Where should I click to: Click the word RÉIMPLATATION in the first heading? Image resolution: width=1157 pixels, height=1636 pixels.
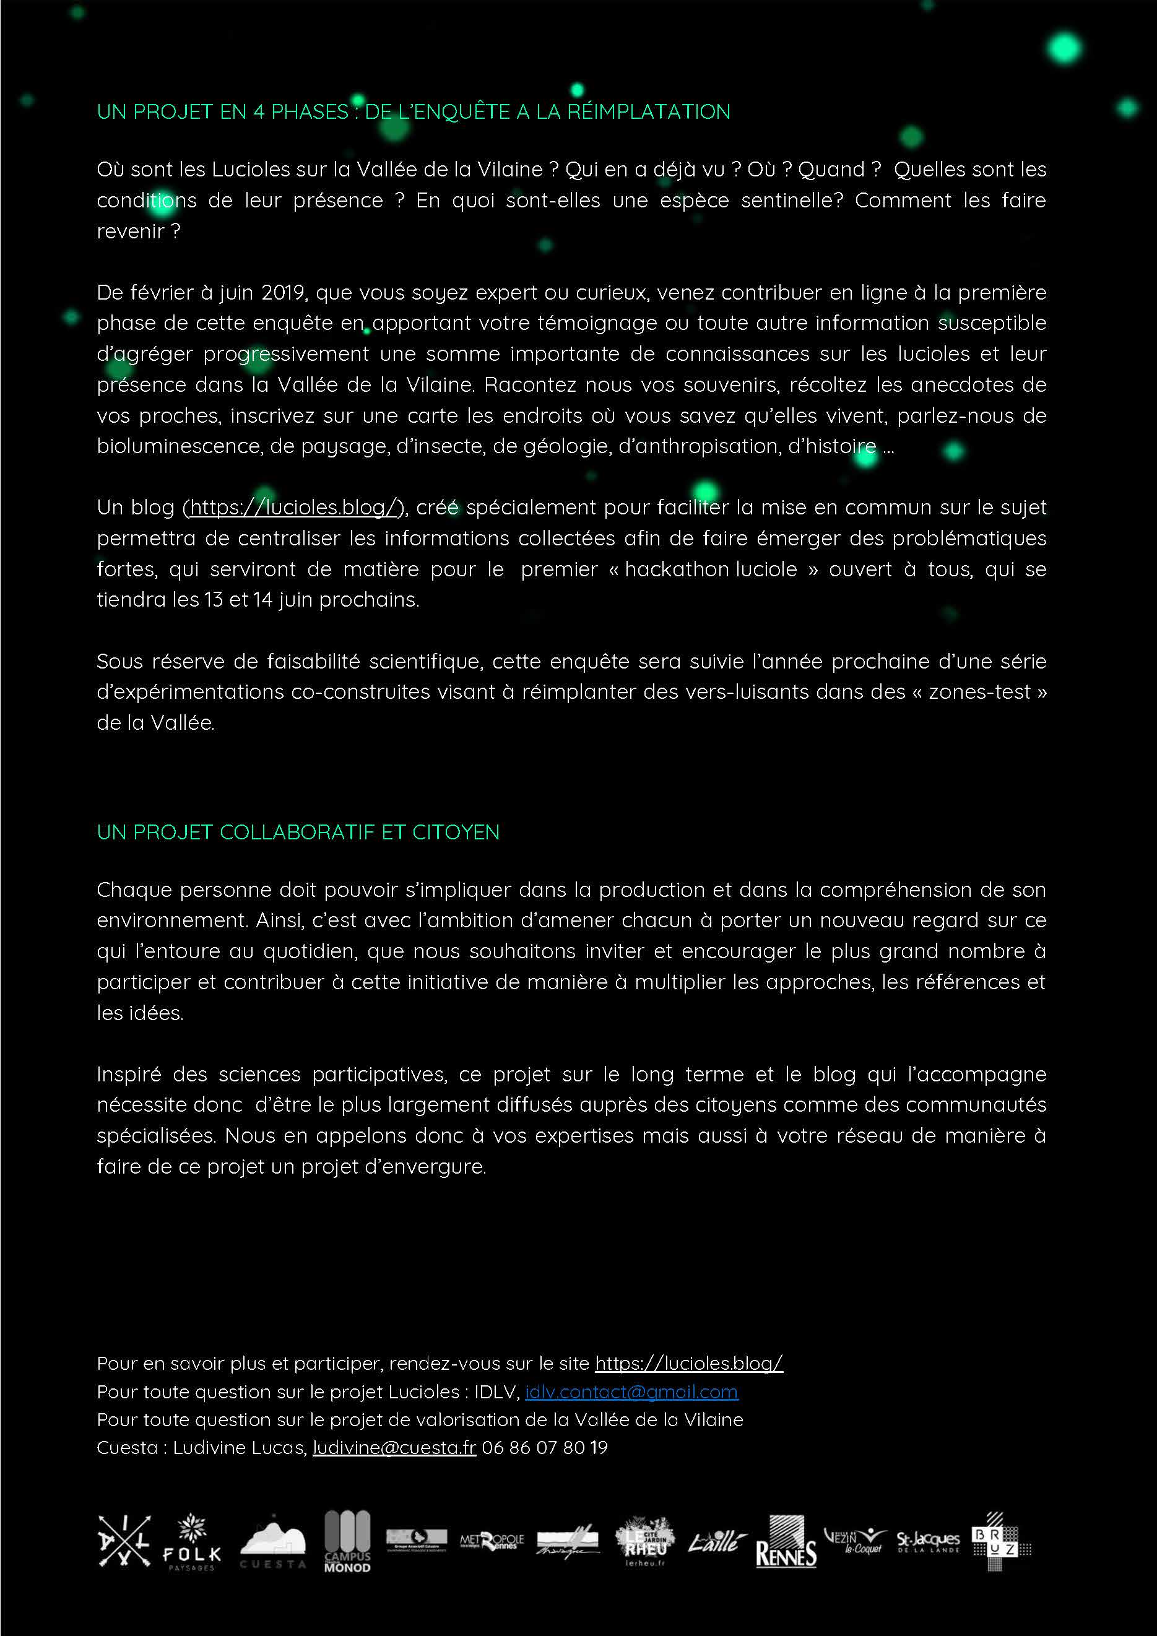[x=648, y=112]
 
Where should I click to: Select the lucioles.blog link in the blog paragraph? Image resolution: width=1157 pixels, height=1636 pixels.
[x=293, y=508]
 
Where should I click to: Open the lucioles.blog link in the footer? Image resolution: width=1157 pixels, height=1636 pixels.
[x=688, y=1363]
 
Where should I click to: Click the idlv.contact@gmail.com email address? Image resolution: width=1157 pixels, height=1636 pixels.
[x=631, y=1391]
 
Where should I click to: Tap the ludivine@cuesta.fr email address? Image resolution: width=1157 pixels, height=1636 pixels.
[x=394, y=1447]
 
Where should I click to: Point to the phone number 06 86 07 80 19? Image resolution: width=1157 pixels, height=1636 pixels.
[x=545, y=1447]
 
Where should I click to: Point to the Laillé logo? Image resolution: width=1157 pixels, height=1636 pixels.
[x=717, y=1543]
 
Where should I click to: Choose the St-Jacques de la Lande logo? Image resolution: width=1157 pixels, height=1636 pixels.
[x=927, y=1542]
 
